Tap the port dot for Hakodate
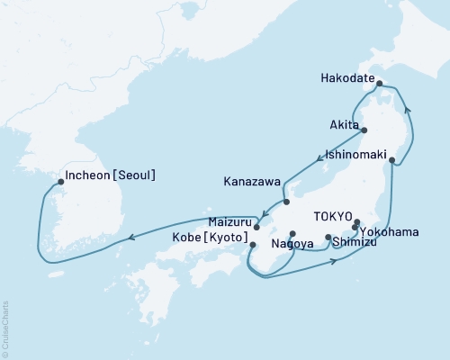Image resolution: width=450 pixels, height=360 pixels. [380, 84]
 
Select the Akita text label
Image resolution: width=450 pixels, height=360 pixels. [345, 124]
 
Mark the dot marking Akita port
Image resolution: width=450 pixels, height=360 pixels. [364, 130]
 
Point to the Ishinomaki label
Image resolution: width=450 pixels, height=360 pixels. [355, 154]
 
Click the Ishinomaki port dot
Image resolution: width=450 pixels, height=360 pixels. [391, 160]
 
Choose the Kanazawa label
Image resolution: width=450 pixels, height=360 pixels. [252, 181]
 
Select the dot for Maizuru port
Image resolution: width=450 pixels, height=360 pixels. [257, 227]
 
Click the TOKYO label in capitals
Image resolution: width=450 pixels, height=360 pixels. [332, 217]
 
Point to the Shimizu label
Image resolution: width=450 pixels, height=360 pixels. [355, 241]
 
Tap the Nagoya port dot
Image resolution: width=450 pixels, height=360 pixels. [292, 233]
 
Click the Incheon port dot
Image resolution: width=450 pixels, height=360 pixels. [60, 181]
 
